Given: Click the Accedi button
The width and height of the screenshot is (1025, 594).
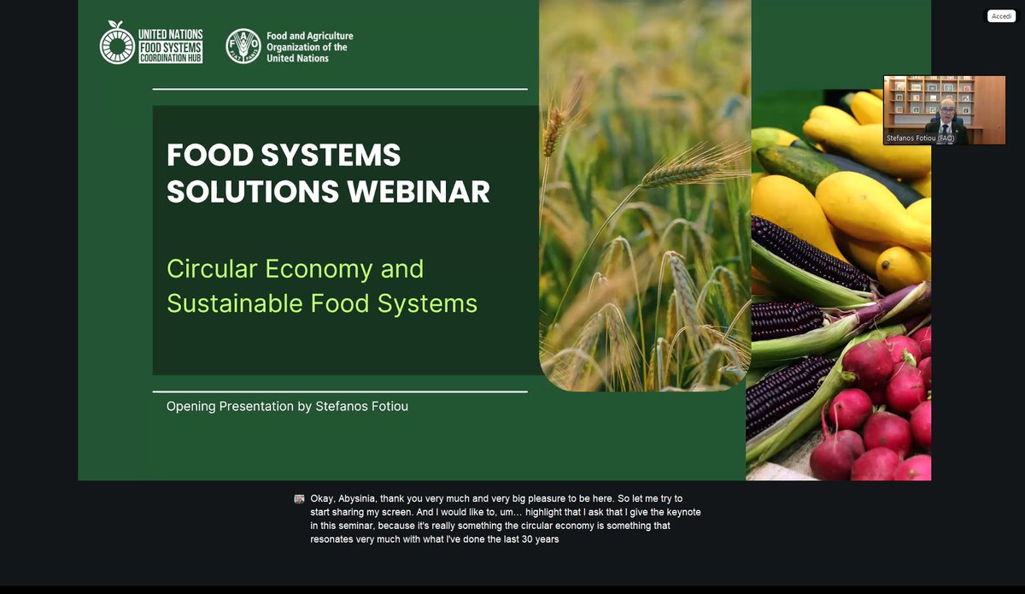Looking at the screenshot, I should pos(1001,16).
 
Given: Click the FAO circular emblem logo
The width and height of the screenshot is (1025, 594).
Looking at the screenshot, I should pos(243,46).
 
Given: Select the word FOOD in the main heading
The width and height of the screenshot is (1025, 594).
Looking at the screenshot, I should pos(205,156).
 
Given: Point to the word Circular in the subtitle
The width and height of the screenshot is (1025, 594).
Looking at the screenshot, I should pos(212,268).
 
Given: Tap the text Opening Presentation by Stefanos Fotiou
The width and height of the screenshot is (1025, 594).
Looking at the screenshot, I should pos(287,407).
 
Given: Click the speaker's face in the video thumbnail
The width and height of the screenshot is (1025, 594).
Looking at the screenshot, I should pos(946,109).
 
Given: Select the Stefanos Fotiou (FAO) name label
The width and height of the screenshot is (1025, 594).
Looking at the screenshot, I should pos(920,138).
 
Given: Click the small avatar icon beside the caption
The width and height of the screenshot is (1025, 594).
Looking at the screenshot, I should pos(299,498).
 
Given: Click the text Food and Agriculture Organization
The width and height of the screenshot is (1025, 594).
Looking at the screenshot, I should pos(309,47).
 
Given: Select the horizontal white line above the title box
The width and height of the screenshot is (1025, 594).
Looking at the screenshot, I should pos(340,89).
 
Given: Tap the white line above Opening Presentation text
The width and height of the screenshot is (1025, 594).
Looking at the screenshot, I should pos(340,391).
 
